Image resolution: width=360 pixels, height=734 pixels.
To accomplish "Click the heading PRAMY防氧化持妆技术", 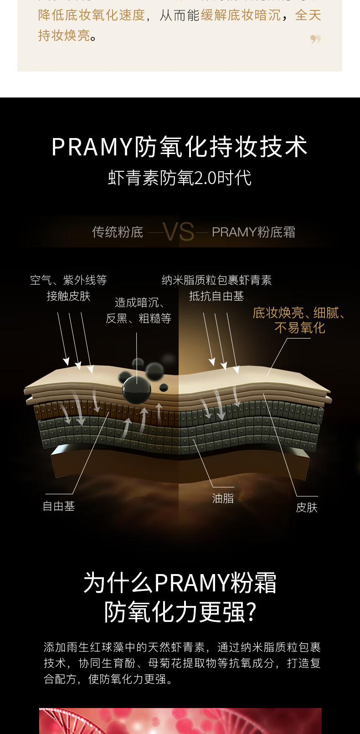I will click(180, 147).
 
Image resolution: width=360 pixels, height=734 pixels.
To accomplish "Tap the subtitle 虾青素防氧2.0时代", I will click(180, 178).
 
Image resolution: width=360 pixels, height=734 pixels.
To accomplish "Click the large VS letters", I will click(179, 232).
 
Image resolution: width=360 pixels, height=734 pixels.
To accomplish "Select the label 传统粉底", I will click(118, 232).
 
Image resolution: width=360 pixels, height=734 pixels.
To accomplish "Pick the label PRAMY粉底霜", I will click(253, 232).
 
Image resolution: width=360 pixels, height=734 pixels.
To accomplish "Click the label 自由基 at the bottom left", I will click(59, 506).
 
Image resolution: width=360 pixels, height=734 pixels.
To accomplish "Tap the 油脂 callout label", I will click(223, 498).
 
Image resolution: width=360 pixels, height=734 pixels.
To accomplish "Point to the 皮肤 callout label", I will click(306, 508).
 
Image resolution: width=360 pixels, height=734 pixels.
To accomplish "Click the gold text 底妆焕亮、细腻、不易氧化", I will click(299, 320).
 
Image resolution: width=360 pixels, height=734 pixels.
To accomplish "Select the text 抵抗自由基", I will click(216, 296).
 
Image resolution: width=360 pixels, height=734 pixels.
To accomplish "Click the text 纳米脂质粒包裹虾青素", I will click(216, 280).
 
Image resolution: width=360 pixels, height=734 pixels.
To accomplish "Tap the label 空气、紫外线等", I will click(68, 280).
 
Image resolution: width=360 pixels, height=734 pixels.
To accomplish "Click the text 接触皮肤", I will click(68, 296).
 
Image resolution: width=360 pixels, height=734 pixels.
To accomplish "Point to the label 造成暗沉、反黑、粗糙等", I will click(139, 310).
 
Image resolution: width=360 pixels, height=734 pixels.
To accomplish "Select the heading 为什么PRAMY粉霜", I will click(180, 583).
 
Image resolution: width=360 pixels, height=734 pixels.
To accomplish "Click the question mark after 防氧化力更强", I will click(252, 612).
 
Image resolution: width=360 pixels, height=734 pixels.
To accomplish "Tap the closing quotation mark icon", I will click(315, 40).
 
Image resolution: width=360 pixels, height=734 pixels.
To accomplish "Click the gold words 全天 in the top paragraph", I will click(308, 15).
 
